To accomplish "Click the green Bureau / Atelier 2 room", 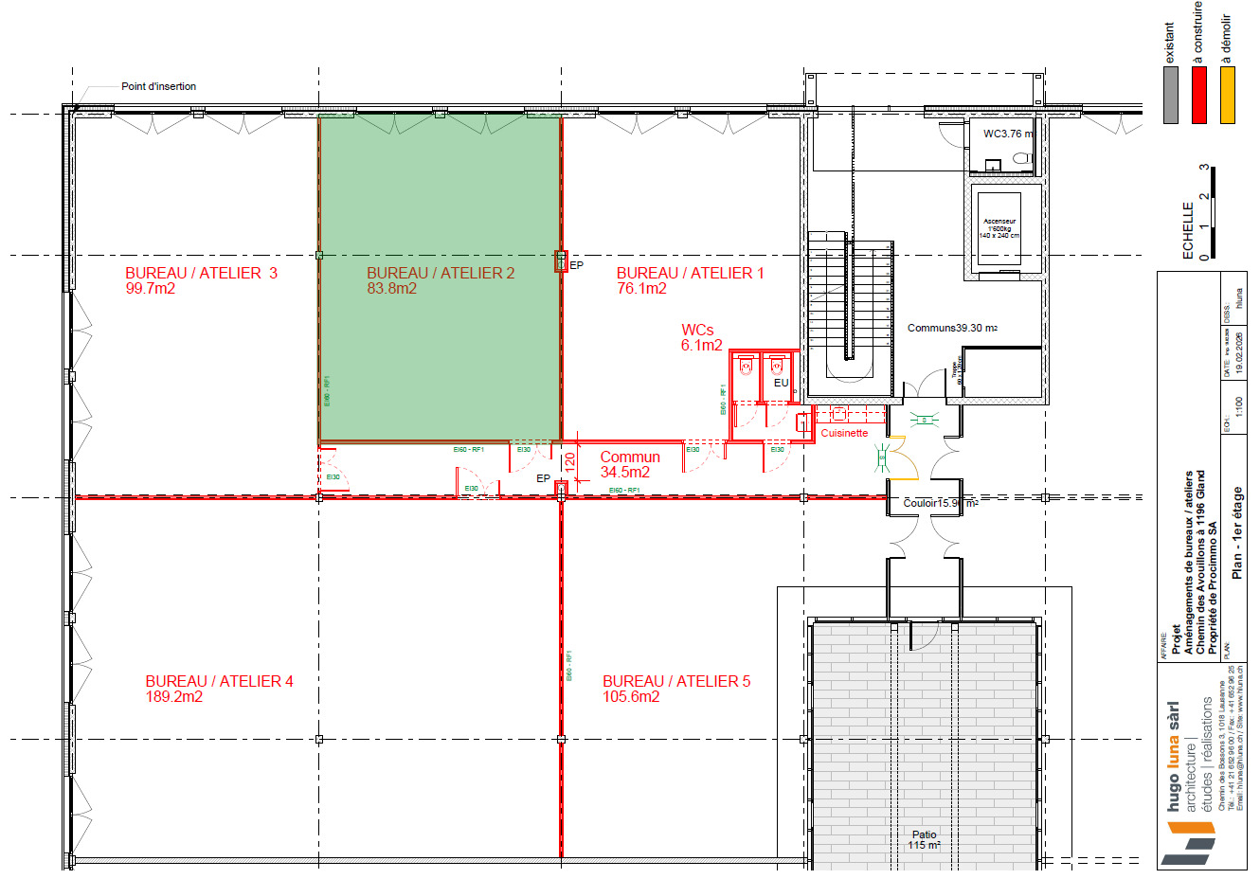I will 441,360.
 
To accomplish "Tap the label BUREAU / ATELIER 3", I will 201,273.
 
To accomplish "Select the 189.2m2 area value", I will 174,696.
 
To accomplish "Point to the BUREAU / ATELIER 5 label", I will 676,681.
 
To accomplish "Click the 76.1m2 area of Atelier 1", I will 641,288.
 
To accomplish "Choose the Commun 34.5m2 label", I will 629,464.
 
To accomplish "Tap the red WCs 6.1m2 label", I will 700,337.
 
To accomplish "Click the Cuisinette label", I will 844,433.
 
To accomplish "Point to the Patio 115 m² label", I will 924,840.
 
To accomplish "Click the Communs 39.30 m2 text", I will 952,328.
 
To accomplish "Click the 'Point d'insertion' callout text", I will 158,86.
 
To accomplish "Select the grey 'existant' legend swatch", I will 1171,96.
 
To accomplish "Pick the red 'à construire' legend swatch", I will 1199,96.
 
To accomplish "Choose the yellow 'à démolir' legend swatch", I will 1228,96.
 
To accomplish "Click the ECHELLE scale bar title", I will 1188,230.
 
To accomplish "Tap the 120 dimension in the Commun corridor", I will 570,461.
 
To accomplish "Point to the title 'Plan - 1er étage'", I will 1237,532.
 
